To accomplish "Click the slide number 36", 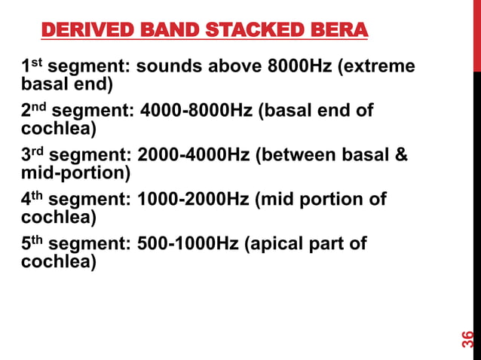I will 468,339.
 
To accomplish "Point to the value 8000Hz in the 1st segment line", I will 298,66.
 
